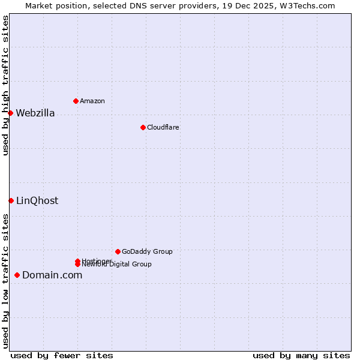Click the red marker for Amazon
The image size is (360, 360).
76,101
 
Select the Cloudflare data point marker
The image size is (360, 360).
143,127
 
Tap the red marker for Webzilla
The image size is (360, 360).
10,113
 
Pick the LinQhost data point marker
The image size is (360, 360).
11,200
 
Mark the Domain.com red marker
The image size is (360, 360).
17,275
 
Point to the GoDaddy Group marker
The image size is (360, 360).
118,251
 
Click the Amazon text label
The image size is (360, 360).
92,101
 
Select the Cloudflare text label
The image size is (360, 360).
163,127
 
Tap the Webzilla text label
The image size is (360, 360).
35,113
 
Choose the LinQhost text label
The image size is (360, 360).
37,200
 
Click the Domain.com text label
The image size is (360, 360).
52,275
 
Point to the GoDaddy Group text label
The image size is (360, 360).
147,251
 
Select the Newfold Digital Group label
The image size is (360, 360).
117,265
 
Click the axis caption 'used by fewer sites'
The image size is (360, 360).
62,355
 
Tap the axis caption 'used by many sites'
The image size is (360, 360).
301,355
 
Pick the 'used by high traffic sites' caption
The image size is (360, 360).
6,85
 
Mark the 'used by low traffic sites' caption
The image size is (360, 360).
6,281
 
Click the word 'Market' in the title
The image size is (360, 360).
39,5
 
